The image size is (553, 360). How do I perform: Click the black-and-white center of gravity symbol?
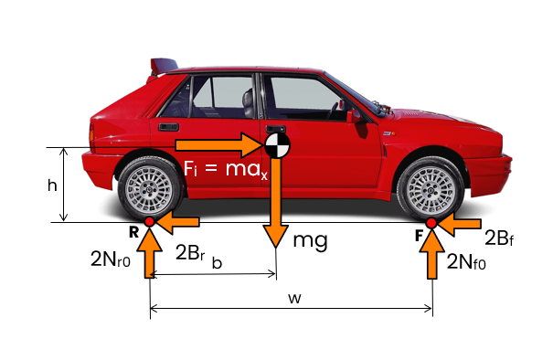(277, 145)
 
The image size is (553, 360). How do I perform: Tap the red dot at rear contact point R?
(150, 222)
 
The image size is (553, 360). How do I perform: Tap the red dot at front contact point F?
(431, 223)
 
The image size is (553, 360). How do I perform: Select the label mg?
(311, 240)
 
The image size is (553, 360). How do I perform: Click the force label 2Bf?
(499, 238)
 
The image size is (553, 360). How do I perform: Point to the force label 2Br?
(190, 252)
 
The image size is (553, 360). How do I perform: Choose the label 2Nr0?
(111, 259)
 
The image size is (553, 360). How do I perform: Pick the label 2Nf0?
(466, 262)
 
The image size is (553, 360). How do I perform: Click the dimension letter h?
(52, 185)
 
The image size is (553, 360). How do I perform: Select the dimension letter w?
(294, 298)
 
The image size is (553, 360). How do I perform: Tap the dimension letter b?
(217, 262)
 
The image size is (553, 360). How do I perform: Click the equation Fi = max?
(226, 169)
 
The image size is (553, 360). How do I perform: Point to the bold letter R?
(133, 232)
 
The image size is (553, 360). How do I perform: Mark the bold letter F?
(419, 236)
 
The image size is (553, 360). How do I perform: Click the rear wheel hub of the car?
(149, 190)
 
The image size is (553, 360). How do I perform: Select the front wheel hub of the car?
(430, 190)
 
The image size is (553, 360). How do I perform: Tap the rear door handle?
(168, 127)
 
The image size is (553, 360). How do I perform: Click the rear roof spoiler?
(164, 66)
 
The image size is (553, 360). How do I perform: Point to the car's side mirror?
(354, 116)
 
